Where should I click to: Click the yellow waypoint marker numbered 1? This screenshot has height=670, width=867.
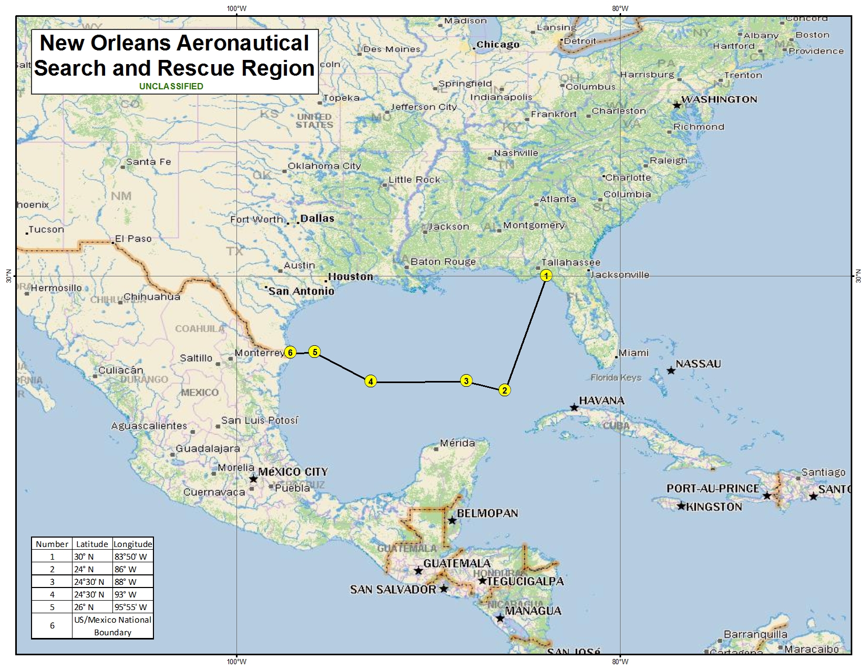(546, 276)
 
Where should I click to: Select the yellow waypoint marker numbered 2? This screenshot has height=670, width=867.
(504, 390)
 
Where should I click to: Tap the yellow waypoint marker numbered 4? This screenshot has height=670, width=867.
(371, 382)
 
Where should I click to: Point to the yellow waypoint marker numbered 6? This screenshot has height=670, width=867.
(290, 352)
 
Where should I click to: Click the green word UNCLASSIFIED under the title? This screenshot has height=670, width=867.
(171, 86)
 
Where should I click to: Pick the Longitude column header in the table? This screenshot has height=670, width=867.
(133, 544)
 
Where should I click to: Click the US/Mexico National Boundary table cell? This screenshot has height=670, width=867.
(112, 626)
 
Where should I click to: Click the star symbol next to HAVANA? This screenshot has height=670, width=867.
(574, 408)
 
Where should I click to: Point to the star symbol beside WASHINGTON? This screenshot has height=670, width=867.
(677, 106)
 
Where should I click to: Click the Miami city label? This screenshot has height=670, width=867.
(633, 353)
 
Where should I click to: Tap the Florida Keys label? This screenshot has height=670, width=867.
(616, 377)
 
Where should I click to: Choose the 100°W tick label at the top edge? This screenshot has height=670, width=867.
(236, 8)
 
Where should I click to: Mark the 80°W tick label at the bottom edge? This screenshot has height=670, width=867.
(620, 662)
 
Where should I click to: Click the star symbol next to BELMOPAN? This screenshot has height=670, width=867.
(452, 521)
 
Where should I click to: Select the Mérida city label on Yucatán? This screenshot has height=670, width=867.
(457, 443)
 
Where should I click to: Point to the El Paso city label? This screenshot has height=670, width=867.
(133, 239)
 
